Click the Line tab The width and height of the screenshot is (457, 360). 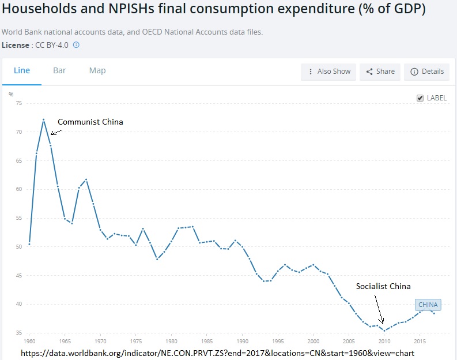pos(22,70)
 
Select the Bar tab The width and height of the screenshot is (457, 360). pos(59,70)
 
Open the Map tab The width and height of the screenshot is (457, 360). pos(97,70)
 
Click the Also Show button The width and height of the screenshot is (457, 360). pos(328,72)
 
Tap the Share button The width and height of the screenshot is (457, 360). pos(380,72)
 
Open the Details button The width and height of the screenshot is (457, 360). pos(427,72)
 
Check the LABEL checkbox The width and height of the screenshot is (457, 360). pos(420,98)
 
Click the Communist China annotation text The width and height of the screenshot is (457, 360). pos(90,122)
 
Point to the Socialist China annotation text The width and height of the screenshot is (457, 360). pos(383,286)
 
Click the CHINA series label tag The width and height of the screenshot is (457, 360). pos(428,305)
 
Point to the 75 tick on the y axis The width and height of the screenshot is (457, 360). pos(18,103)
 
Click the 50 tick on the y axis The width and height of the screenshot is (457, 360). pos(18,247)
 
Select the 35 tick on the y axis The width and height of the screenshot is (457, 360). pos(18,333)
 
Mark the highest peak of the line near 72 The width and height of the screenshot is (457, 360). pos(44,119)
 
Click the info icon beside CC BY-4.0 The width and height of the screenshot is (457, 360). pos(75,44)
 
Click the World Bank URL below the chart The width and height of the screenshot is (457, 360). pos(217,352)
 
